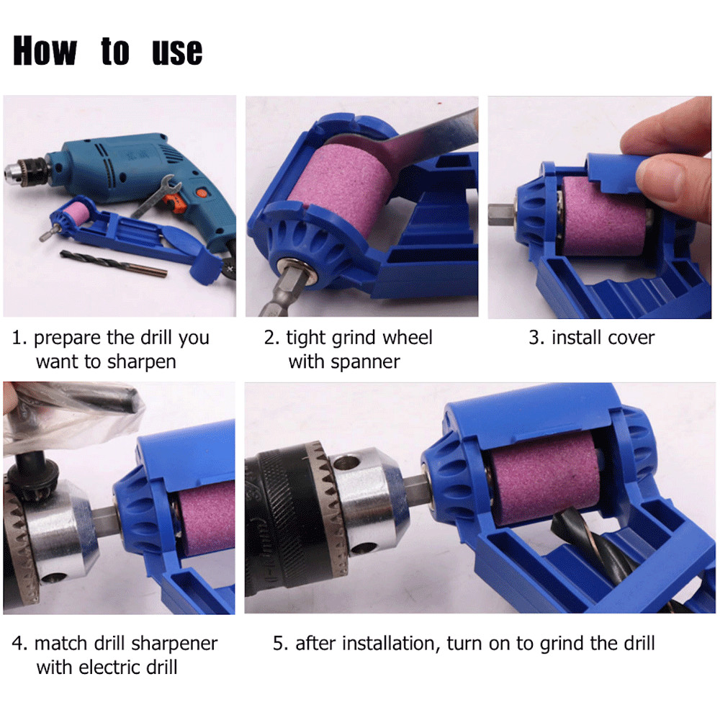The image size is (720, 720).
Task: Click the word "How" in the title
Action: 44,51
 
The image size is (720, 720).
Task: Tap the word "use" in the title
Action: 177,52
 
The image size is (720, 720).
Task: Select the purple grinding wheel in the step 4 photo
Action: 210,518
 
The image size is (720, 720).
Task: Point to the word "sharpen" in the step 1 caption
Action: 141,361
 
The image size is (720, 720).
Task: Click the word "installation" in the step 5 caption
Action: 390,643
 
